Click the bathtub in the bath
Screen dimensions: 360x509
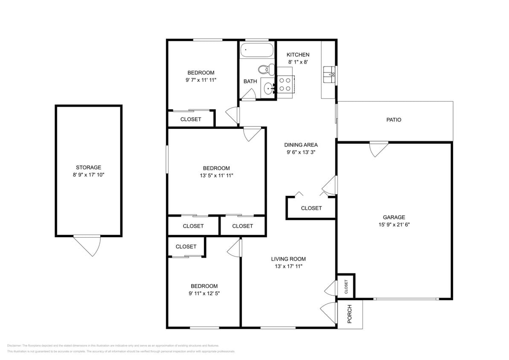coord(256,50)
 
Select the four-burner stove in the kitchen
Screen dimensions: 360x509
coord(285,84)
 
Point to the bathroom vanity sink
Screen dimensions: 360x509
coord(269,89)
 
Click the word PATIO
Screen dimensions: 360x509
coord(393,120)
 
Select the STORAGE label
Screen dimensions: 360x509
coord(88,168)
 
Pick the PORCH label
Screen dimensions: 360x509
coord(350,314)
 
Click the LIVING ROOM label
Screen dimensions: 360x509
coord(288,259)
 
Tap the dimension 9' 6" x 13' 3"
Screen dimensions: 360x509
coord(301,152)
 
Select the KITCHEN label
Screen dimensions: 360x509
coord(298,55)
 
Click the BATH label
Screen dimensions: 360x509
coord(250,81)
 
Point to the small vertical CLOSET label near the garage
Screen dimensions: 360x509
coord(346,286)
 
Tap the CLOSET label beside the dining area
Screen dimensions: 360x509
coord(311,208)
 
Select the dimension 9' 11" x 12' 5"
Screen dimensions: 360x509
coord(204,293)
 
